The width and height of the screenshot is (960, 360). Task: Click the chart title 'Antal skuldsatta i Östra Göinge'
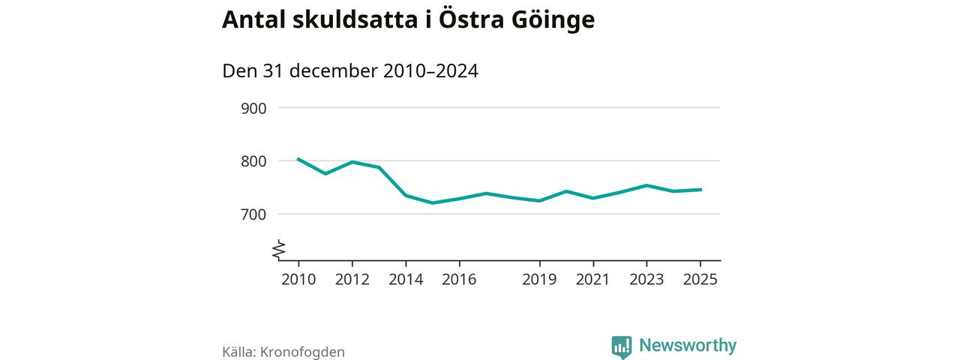408,20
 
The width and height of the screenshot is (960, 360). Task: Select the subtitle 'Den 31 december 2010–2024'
350,71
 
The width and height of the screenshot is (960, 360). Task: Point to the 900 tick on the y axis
253,108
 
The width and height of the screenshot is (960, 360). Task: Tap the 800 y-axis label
253,161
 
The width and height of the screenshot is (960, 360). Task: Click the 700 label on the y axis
253,214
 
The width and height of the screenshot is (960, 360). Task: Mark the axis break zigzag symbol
279,250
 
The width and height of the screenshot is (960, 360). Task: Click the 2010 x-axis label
298,279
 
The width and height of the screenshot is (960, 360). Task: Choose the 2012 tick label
352,279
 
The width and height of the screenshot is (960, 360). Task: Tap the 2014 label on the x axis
406,279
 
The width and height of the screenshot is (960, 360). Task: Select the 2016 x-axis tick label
459,279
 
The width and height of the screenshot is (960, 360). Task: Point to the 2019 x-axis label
539,279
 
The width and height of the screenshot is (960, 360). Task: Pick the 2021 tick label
593,279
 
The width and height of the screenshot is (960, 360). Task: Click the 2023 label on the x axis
646,279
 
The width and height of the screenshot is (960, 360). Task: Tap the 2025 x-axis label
700,279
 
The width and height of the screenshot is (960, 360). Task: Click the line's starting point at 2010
298,159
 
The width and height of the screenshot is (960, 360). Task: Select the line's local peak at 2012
352,162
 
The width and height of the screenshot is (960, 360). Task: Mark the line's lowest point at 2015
432,202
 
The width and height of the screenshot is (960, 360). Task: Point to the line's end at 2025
700,190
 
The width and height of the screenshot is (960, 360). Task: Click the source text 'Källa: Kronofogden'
283,352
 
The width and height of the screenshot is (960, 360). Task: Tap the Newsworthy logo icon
622,346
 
